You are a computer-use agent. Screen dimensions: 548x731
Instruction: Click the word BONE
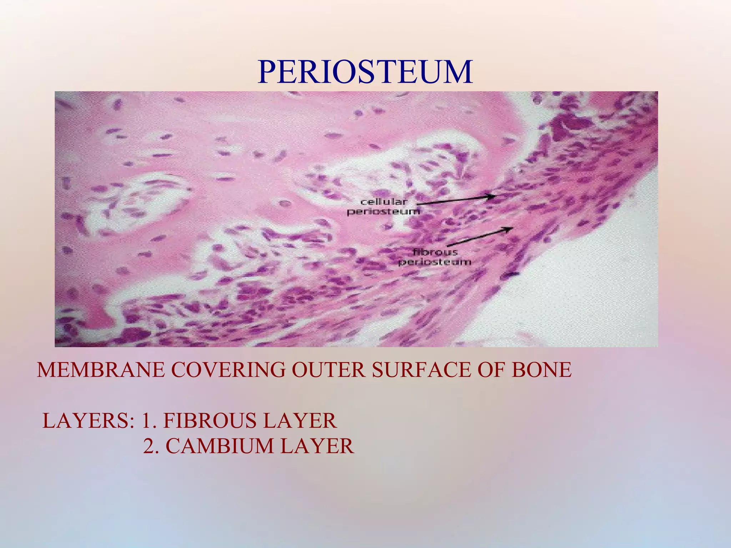point(541,370)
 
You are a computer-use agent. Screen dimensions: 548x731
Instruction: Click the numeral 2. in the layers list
point(151,446)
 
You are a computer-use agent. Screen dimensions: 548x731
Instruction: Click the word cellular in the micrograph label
point(384,202)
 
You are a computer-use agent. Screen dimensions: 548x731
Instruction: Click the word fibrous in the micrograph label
point(435,252)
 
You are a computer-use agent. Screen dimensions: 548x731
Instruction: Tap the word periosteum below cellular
point(384,212)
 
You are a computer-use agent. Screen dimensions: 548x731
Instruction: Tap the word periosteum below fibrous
point(435,262)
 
